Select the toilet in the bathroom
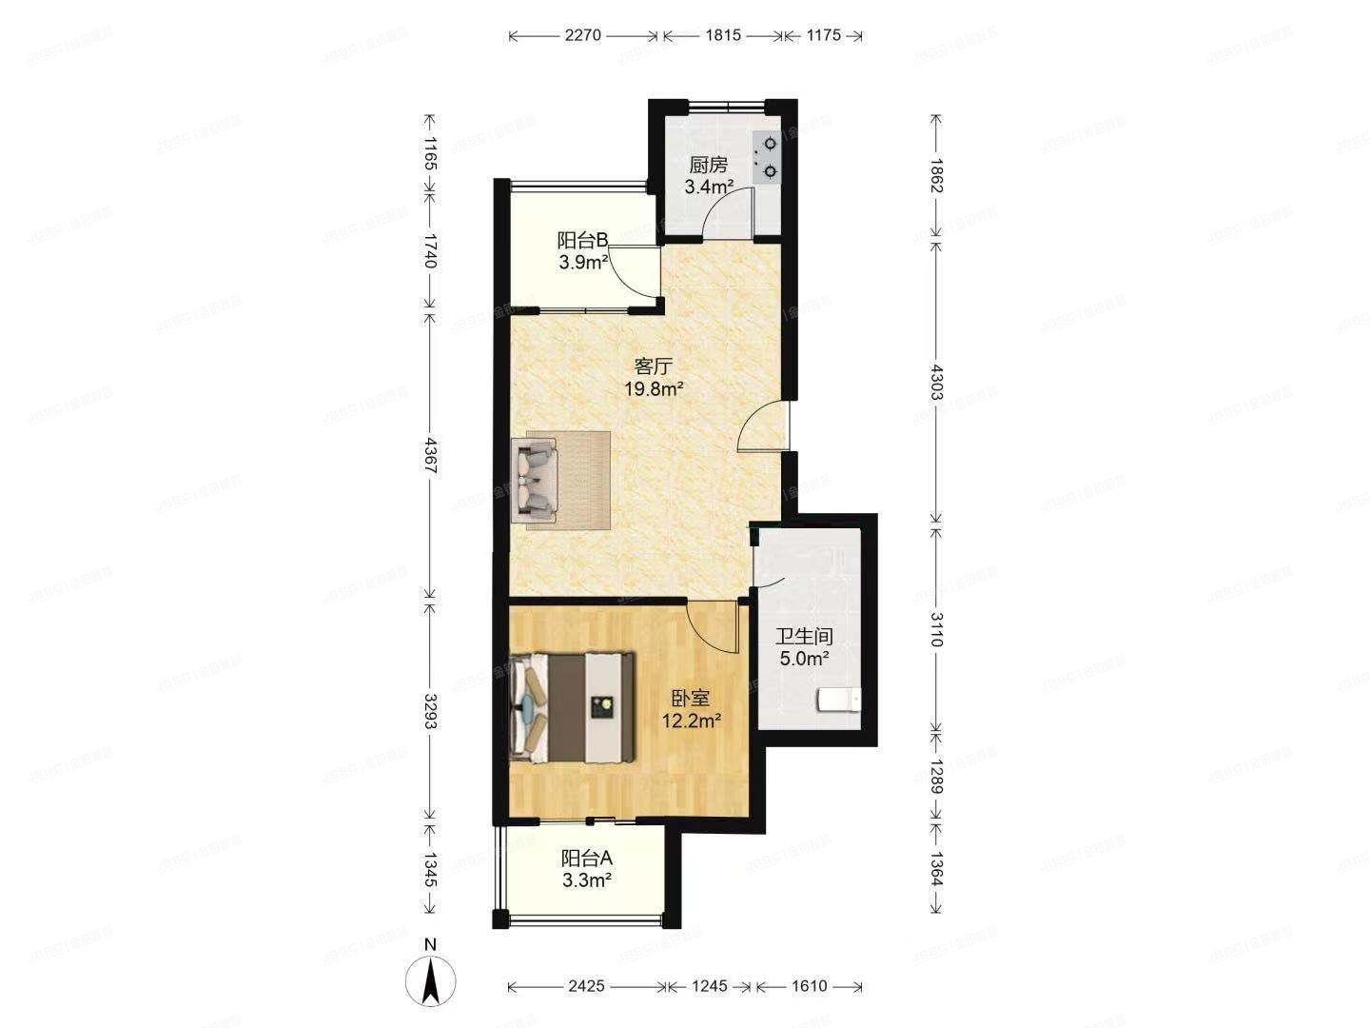coord(839,701)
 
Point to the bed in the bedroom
coord(572,706)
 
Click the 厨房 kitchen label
coord(709,165)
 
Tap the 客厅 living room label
coord(655,366)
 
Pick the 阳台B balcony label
coord(583,241)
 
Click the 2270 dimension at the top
coord(583,36)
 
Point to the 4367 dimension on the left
coord(430,461)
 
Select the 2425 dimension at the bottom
coord(586,986)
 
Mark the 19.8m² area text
coord(655,388)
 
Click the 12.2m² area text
coord(691,722)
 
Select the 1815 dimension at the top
coord(723,36)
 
